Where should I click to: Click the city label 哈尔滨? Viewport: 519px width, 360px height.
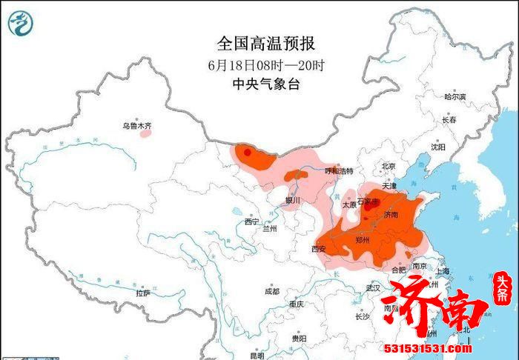454,97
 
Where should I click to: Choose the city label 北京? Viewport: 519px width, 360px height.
389,166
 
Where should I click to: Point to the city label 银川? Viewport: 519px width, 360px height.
293,200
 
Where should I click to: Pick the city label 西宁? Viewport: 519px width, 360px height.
252,221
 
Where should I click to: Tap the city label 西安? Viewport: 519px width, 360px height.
319,249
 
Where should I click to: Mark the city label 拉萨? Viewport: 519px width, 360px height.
143,293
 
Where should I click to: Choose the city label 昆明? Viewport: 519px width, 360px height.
257,355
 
